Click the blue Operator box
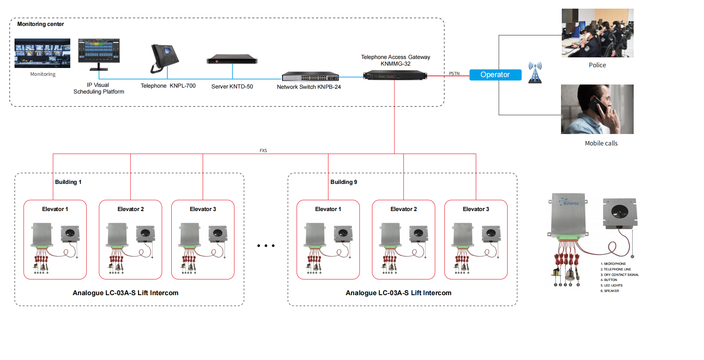[x=495, y=75]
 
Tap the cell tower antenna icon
[x=535, y=72]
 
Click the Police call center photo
[x=597, y=33]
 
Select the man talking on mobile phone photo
[x=597, y=109]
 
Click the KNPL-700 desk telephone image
[x=165, y=59]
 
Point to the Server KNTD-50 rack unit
[x=232, y=59]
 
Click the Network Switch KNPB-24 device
[x=310, y=76]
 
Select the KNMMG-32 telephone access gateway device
[x=395, y=75]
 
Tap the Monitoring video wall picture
[x=42, y=53]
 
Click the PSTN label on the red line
[x=454, y=73]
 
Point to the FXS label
[x=263, y=151]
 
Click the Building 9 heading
[x=343, y=182]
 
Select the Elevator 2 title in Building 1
[x=130, y=209]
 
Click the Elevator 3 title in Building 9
[x=476, y=209]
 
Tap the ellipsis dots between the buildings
[x=266, y=246]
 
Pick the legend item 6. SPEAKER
[x=610, y=291]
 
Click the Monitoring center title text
[x=40, y=24]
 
